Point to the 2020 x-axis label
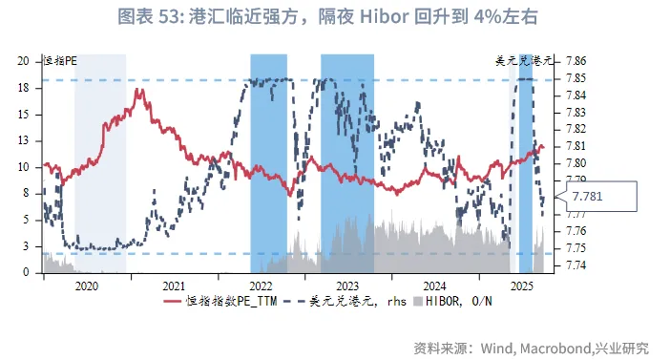pyautogui.click(x=86, y=286)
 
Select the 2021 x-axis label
pyautogui.click(x=173, y=286)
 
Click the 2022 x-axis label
pyautogui.click(x=261, y=286)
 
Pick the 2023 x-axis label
pyautogui.click(x=347, y=286)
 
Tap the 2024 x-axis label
pyautogui.click(x=434, y=286)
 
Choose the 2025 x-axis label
pyautogui.click(x=521, y=286)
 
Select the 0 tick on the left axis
pyautogui.click(x=26, y=272)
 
